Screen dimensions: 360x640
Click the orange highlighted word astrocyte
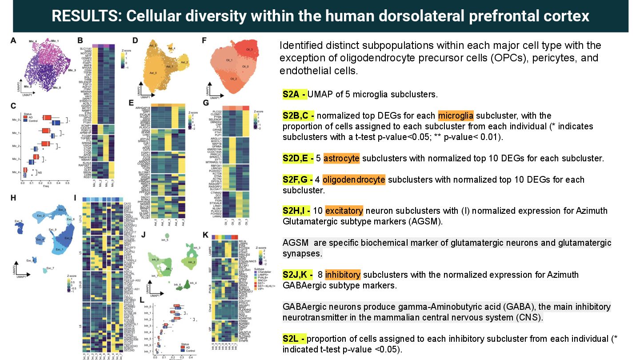[341, 158]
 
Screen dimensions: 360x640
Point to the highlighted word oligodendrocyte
[353, 180]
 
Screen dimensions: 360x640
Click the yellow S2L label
[294, 339]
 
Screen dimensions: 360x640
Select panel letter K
[205, 235]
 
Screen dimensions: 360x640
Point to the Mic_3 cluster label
[71, 70]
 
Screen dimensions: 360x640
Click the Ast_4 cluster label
[172, 48]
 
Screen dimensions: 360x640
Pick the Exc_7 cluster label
[50, 268]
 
